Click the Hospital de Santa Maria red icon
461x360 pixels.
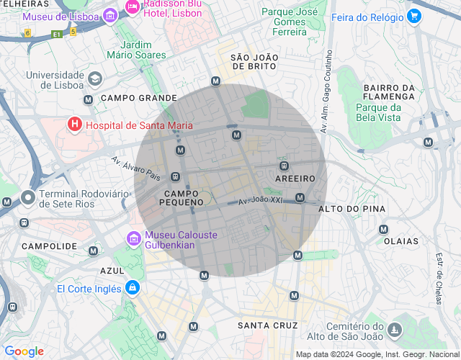[74, 125]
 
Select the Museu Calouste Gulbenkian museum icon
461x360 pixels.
[133, 238]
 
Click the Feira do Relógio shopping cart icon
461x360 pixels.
[413, 16]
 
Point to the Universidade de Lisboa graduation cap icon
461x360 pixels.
[95, 78]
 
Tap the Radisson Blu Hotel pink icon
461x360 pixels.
[132, 7]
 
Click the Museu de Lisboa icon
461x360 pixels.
[109, 15]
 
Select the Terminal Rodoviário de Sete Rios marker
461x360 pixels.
[28, 197]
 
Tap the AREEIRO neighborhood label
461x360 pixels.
[295, 178]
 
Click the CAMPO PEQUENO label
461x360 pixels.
[184, 198]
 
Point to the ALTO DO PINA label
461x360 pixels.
[352, 209]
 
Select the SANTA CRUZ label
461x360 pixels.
[267, 325]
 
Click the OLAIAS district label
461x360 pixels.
[402, 242]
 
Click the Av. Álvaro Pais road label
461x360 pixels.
[135, 168]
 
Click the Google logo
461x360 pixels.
[24, 351]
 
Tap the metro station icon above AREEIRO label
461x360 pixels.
[283, 166]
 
